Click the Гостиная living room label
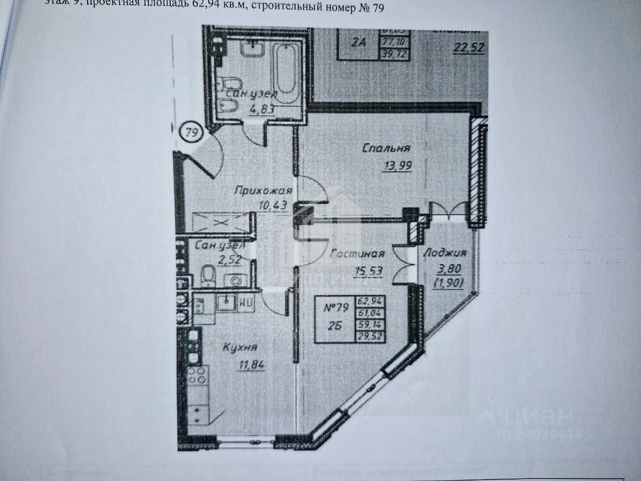pos(357,253)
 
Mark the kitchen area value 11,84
pos(248,364)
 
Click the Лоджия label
pos(445,253)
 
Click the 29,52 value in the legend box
pos(368,336)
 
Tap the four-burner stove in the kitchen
pos(198,375)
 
